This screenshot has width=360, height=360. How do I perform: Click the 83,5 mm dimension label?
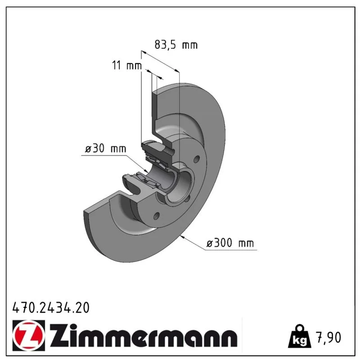[x=176, y=45]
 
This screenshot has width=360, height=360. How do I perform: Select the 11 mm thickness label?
[x=127, y=65]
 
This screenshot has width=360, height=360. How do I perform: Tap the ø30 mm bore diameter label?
[x=105, y=148]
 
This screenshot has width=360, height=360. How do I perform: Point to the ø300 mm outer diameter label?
[x=230, y=243]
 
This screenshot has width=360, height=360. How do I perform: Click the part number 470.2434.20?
[x=51, y=308]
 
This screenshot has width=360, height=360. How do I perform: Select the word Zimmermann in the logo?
[x=144, y=335]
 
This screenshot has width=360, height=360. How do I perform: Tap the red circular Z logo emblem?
[x=29, y=335]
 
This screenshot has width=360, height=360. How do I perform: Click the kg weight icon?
[x=300, y=336]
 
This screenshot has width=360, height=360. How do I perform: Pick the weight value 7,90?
[x=328, y=337]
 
